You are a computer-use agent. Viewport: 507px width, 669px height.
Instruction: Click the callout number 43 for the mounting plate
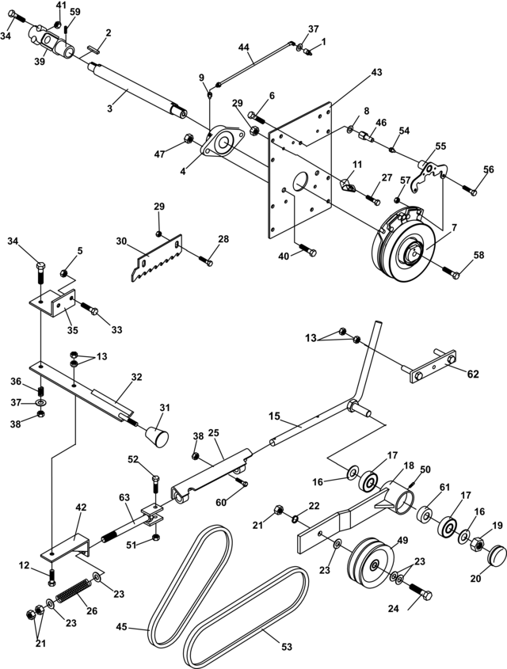pyautogui.click(x=375, y=73)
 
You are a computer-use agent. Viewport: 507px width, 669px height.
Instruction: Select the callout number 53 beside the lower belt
pyautogui.click(x=287, y=646)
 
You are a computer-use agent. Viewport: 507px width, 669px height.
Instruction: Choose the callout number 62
pyautogui.click(x=473, y=374)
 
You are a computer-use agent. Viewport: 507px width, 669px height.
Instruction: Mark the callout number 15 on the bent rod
pyautogui.click(x=275, y=415)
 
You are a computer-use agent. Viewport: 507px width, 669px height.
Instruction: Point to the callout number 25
pyautogui.click(x=213, y=433)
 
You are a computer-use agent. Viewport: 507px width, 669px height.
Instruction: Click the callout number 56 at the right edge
pyautogui.click(x=488, y=169)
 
